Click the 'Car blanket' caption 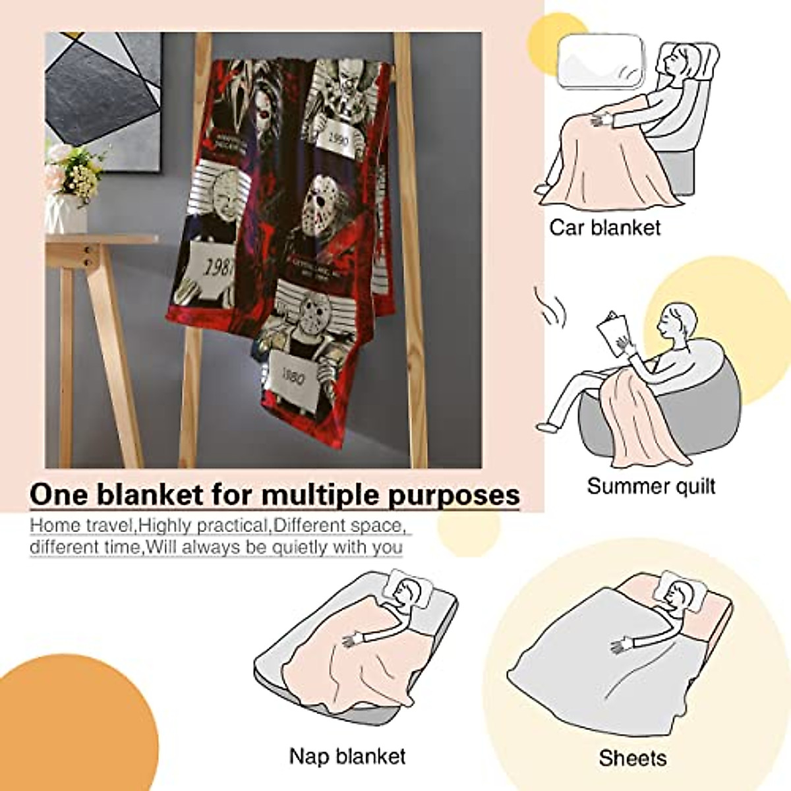coord(604,228)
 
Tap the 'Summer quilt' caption coord(651,486)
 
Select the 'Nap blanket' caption coord(347,755)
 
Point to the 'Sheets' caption coord(632,758)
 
